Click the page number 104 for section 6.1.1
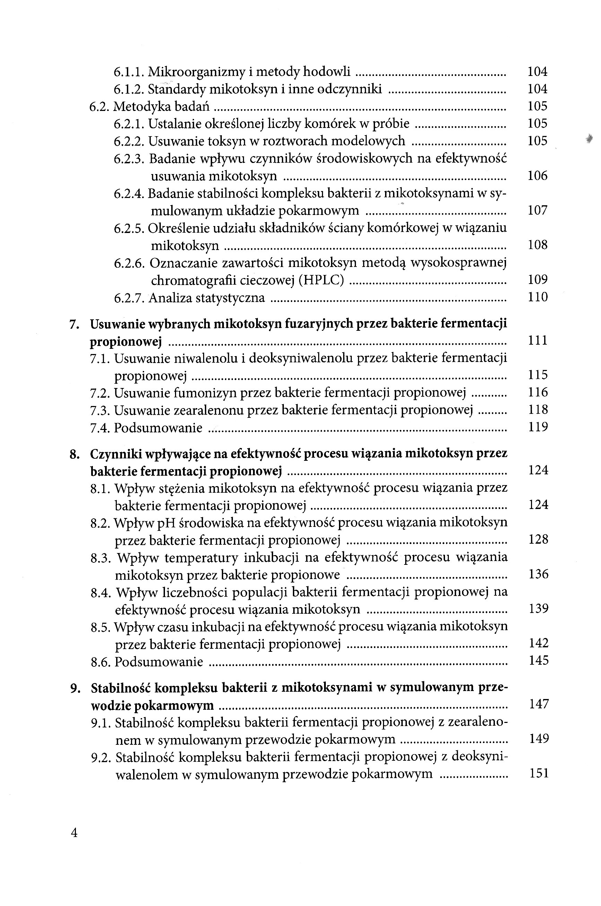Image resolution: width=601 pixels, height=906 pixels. pos(537,71)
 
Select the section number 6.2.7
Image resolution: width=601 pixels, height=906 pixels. pos(129,298)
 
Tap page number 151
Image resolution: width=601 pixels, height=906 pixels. pos(539,773)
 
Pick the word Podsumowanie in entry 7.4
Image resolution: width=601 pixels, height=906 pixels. pos(158,428)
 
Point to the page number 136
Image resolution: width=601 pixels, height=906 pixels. pos(539,574)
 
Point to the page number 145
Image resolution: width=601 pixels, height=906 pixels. pos(539,660)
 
